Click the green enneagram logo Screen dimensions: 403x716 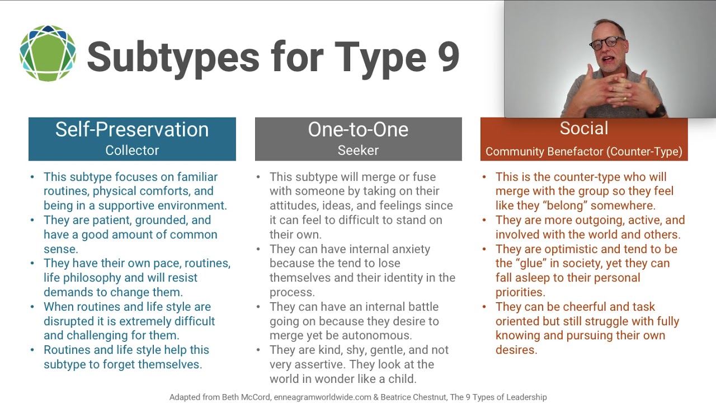(48, 54)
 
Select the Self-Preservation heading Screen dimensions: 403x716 (132, 130)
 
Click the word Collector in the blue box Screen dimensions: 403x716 (132, 151)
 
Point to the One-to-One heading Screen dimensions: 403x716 (358, 130)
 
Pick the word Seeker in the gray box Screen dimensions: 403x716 (358, 151)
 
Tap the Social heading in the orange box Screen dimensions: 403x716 (583, 129)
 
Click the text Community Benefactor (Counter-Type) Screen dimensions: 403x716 (583, 152)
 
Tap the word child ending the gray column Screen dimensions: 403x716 (402, 379)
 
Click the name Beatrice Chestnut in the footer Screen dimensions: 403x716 (407, 397)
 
